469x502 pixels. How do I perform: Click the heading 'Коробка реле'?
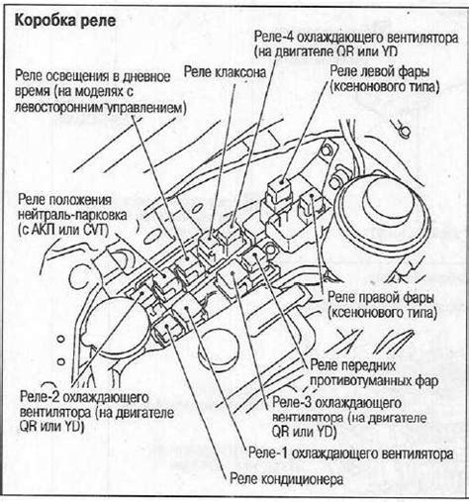point(65,21)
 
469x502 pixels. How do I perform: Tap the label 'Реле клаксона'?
point(225,71)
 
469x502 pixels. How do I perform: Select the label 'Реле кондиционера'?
point(286,479)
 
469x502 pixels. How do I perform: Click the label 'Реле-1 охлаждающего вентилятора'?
point(350,453)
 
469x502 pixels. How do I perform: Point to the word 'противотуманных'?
point(360,381)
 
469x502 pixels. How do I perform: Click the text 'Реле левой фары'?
point(380,71)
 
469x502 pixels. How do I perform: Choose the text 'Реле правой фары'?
point(380,297)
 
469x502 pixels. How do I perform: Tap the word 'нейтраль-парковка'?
point(72,215)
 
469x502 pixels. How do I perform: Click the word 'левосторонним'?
point(59,107)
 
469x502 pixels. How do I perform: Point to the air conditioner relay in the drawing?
point(167,328)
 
